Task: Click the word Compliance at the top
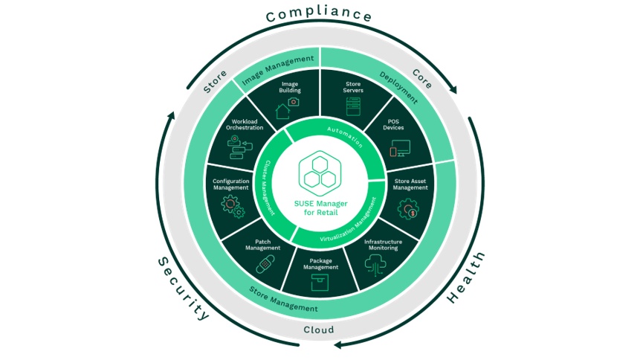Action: click(x=319, y=14)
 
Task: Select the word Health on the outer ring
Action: click(x=466, y=277)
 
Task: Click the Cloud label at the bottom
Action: click(x=319, y=330)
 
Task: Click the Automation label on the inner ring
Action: click(x=343, y=136)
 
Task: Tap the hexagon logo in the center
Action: click(x=320, y=173)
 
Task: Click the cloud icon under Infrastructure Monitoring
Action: click(x=381, y=263)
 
